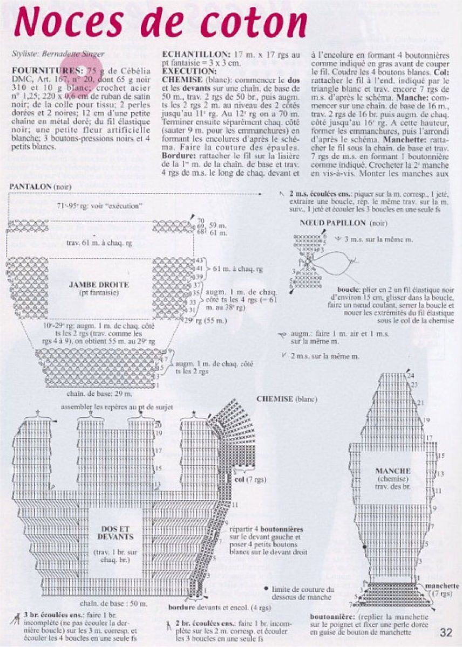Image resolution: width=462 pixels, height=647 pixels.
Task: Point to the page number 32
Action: [x=445, y=632]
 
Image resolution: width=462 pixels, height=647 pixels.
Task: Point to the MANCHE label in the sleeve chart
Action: [x=393, y=471]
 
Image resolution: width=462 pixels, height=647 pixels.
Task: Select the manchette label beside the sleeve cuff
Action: [x=442, y=586]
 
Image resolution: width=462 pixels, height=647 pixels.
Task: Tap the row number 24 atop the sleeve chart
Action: [x=411, y=375]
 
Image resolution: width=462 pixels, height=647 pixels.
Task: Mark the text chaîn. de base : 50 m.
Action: [x=113, y=603]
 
